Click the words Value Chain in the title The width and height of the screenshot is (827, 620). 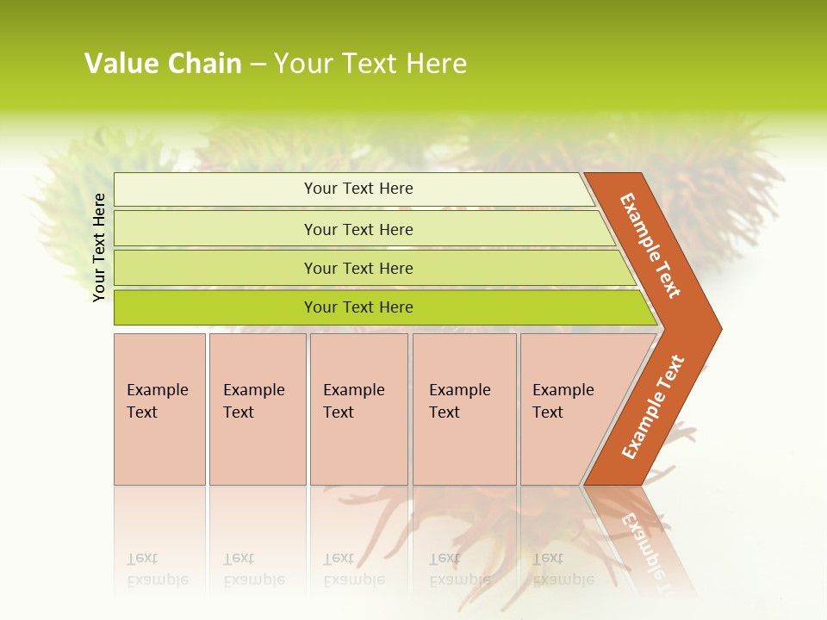(163, 64)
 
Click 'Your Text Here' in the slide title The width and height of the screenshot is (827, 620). (370, 64)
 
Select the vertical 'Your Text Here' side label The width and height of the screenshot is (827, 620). (99, 247)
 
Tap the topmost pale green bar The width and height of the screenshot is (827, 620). (358, 189)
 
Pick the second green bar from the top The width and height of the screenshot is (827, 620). (358, 229)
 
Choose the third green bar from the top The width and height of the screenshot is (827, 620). (358, 268)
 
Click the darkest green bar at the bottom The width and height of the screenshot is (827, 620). (358, 307)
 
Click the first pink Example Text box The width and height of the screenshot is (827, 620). (159, 409)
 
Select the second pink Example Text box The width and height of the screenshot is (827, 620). (258, 409)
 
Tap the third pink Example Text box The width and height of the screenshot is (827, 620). (358, 409)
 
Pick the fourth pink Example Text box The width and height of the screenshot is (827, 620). (464, 409)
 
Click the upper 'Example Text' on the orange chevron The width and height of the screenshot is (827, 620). (650, 245)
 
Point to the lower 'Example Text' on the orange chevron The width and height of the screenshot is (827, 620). (652, 407)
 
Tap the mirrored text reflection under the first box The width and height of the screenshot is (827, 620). (157, 570)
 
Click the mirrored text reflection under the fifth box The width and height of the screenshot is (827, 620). (563, 570)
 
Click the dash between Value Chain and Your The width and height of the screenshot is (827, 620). (258, 65)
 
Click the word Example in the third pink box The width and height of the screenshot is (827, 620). (353, 390)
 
